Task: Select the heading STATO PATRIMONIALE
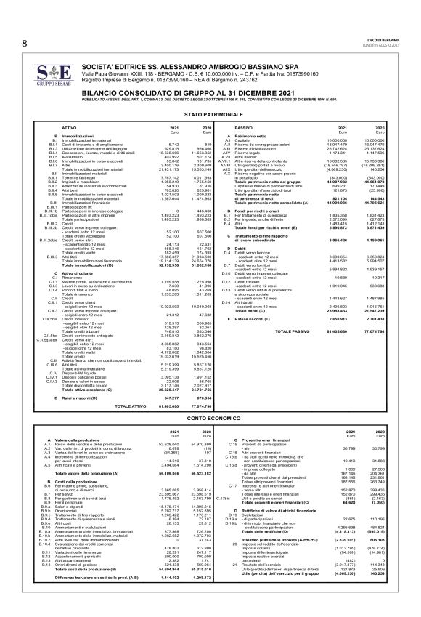point(210,115)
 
